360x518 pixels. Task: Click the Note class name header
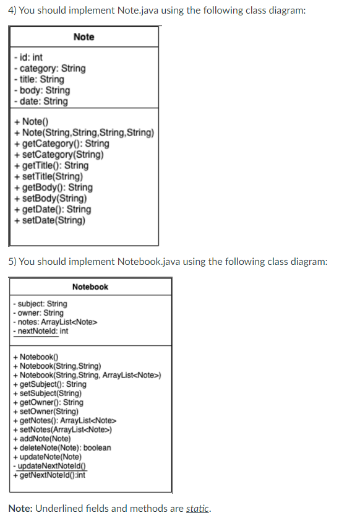pos(84,37)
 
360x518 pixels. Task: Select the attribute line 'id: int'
pos(28,57)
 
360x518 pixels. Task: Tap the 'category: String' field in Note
pos(49,68)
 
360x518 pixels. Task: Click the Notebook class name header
pos(90,287)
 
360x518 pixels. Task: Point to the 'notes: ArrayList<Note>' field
pos(56,322)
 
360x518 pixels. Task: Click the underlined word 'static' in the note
pos(197,508)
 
